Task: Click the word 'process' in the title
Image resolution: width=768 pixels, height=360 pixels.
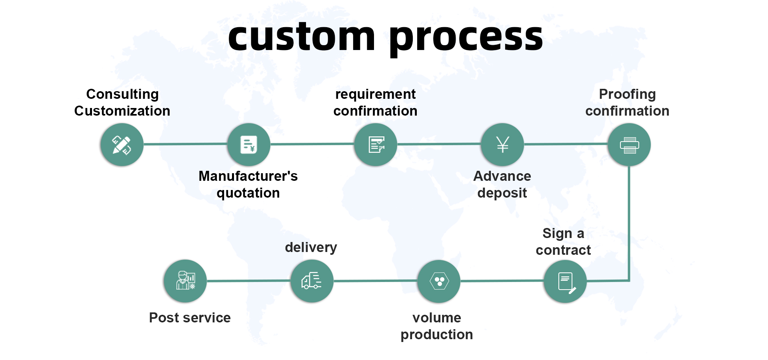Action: (466, 38)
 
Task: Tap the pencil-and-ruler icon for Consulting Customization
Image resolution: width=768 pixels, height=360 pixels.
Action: (122, 145)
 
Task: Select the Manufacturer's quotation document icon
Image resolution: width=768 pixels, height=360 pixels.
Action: (248, 145)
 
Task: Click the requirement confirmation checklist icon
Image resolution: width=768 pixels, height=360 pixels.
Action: (376, 145)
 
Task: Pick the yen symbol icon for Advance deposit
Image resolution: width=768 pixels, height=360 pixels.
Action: (502, 145)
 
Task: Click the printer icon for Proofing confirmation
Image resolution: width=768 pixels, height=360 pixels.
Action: (629, 145)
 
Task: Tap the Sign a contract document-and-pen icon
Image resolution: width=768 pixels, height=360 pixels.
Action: (566, 282)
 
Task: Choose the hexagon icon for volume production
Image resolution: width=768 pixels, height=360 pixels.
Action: (439, 282)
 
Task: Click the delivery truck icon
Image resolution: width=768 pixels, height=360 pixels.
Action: (312, 281)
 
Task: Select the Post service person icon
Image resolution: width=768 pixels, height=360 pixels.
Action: (185, 281)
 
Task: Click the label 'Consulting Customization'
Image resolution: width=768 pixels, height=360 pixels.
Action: (122, 102)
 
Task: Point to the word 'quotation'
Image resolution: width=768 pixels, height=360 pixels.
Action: (248, 193)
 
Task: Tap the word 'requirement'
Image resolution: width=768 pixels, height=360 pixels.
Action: (375, 94)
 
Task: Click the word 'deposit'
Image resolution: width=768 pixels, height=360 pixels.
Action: (502, 193)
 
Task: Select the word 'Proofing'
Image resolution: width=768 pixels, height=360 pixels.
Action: (627, 94)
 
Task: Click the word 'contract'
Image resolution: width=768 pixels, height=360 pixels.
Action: (563, 250)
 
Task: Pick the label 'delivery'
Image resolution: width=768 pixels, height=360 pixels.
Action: (311, 247)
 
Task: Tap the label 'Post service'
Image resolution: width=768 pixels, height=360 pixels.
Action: (190, 318)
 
